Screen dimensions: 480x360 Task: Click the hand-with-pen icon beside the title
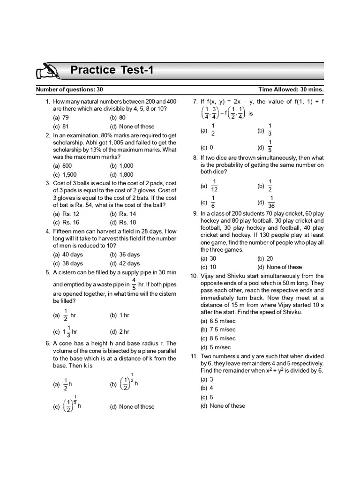pyautogui.click(x=47, y=72)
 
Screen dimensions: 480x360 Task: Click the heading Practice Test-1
pyautogui.click(x=112, y=70)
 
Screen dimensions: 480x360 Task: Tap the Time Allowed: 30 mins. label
pyautogui.click(x=291, y=89)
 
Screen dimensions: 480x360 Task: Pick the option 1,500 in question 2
pyautogui.click(x=63, y=174)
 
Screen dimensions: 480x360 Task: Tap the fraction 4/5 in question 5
pyautogui.click(x=134, y=284)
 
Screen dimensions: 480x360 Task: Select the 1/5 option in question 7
pyautogui.click(x=270, y=146)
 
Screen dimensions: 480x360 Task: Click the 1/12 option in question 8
pyautogui.click(x=214, y=186)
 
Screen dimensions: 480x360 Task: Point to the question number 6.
pyautogui.click(x=48, y=343)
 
